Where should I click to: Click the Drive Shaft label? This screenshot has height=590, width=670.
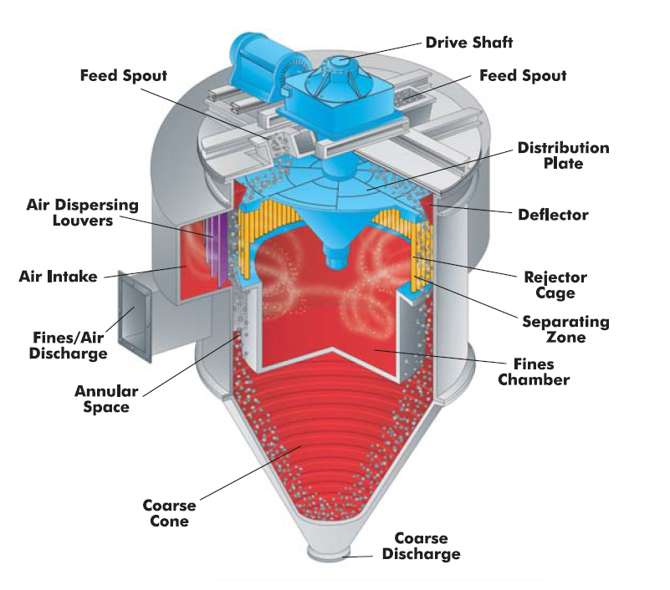click(469, 43)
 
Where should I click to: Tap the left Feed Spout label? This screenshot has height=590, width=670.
click(124, 75)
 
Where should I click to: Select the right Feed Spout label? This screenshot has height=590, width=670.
click(523, 75)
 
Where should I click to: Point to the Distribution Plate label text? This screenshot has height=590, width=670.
click(564, 155)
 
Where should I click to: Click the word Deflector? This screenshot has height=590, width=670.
click(553, 215)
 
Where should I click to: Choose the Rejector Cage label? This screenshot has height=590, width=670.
click(555, 285)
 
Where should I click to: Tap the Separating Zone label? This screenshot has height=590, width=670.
click(565, 329)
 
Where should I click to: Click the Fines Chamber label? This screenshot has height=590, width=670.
click(534, 372)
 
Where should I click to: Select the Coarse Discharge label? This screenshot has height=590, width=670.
click(422, 546)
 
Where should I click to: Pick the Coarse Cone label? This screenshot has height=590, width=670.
click(169, 513)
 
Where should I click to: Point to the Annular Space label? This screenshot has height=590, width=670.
click(106, 399)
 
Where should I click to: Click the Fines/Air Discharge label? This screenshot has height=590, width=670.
click(69, 345)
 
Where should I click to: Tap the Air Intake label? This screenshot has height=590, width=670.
click(58, 277)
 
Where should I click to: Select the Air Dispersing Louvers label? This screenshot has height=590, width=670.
click(83, 212)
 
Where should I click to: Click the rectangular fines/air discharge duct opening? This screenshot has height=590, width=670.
click(135, 316)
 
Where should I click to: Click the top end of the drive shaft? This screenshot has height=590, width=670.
click(341, 60)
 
